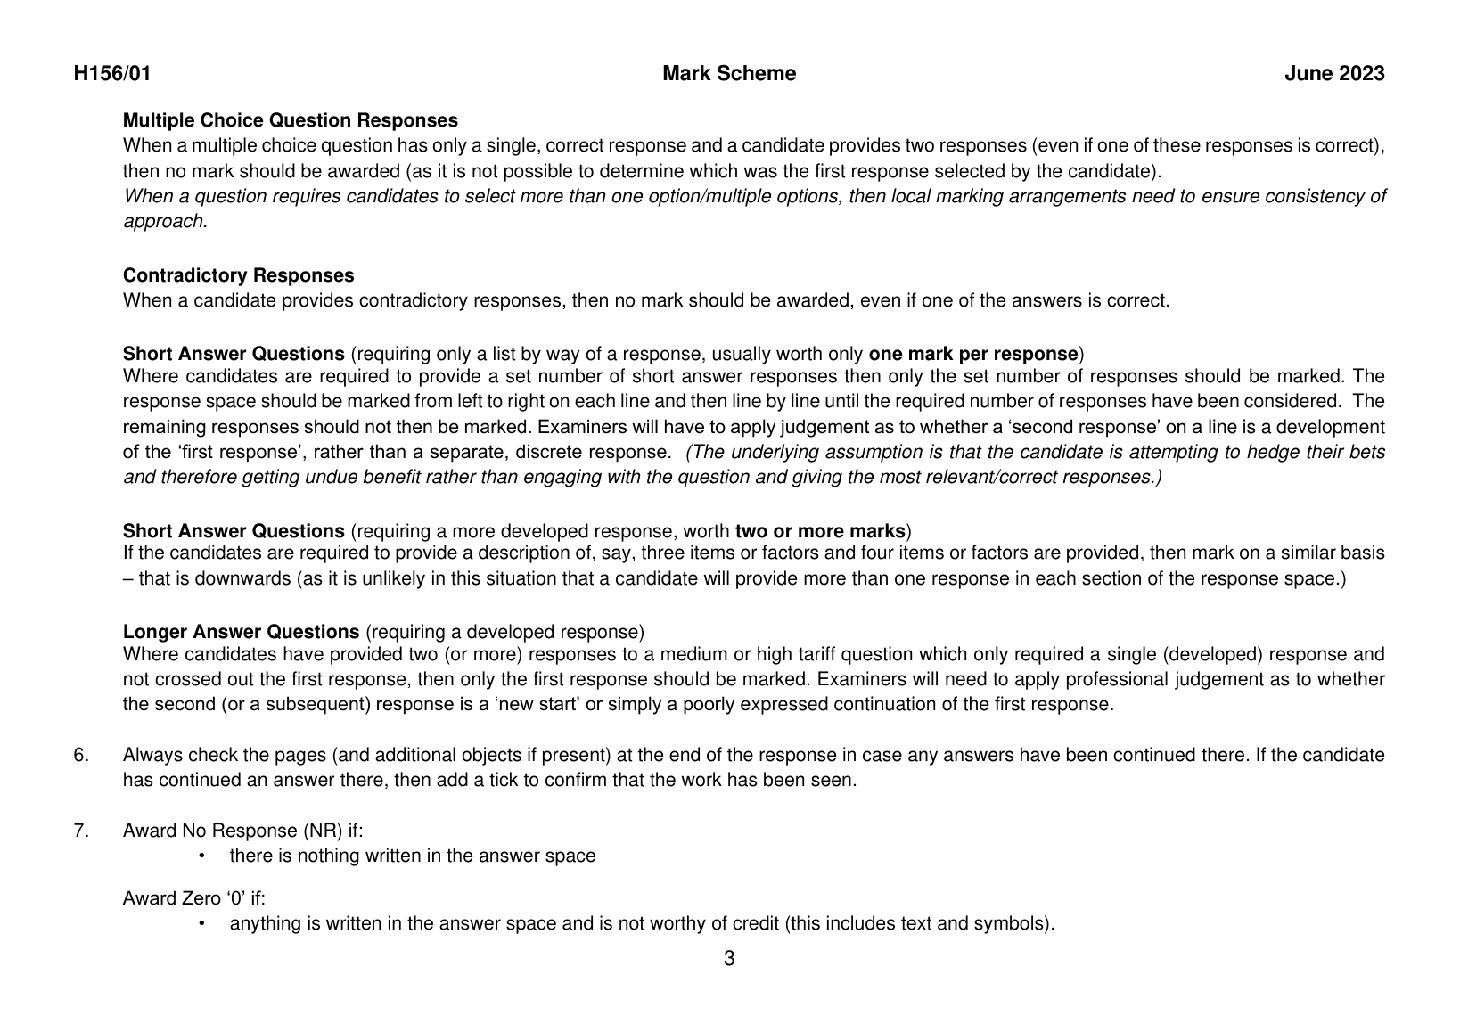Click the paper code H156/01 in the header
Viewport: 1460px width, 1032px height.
point(112,74)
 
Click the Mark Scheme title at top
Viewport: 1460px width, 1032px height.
point(729,74)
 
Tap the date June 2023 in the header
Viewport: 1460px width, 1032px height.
point(1334,74)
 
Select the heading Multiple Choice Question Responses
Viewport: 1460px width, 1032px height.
point(291,120)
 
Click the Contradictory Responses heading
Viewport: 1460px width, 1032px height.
point(238,275)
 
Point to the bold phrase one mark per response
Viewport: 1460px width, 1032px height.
point(973,353)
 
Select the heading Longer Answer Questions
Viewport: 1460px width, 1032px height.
point(241,632)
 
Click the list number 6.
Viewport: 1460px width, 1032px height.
point(81,755)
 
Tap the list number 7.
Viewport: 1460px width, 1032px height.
point(81,831)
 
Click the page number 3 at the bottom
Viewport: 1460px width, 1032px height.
point(729,959)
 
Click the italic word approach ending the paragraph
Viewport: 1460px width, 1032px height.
point(163,221)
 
